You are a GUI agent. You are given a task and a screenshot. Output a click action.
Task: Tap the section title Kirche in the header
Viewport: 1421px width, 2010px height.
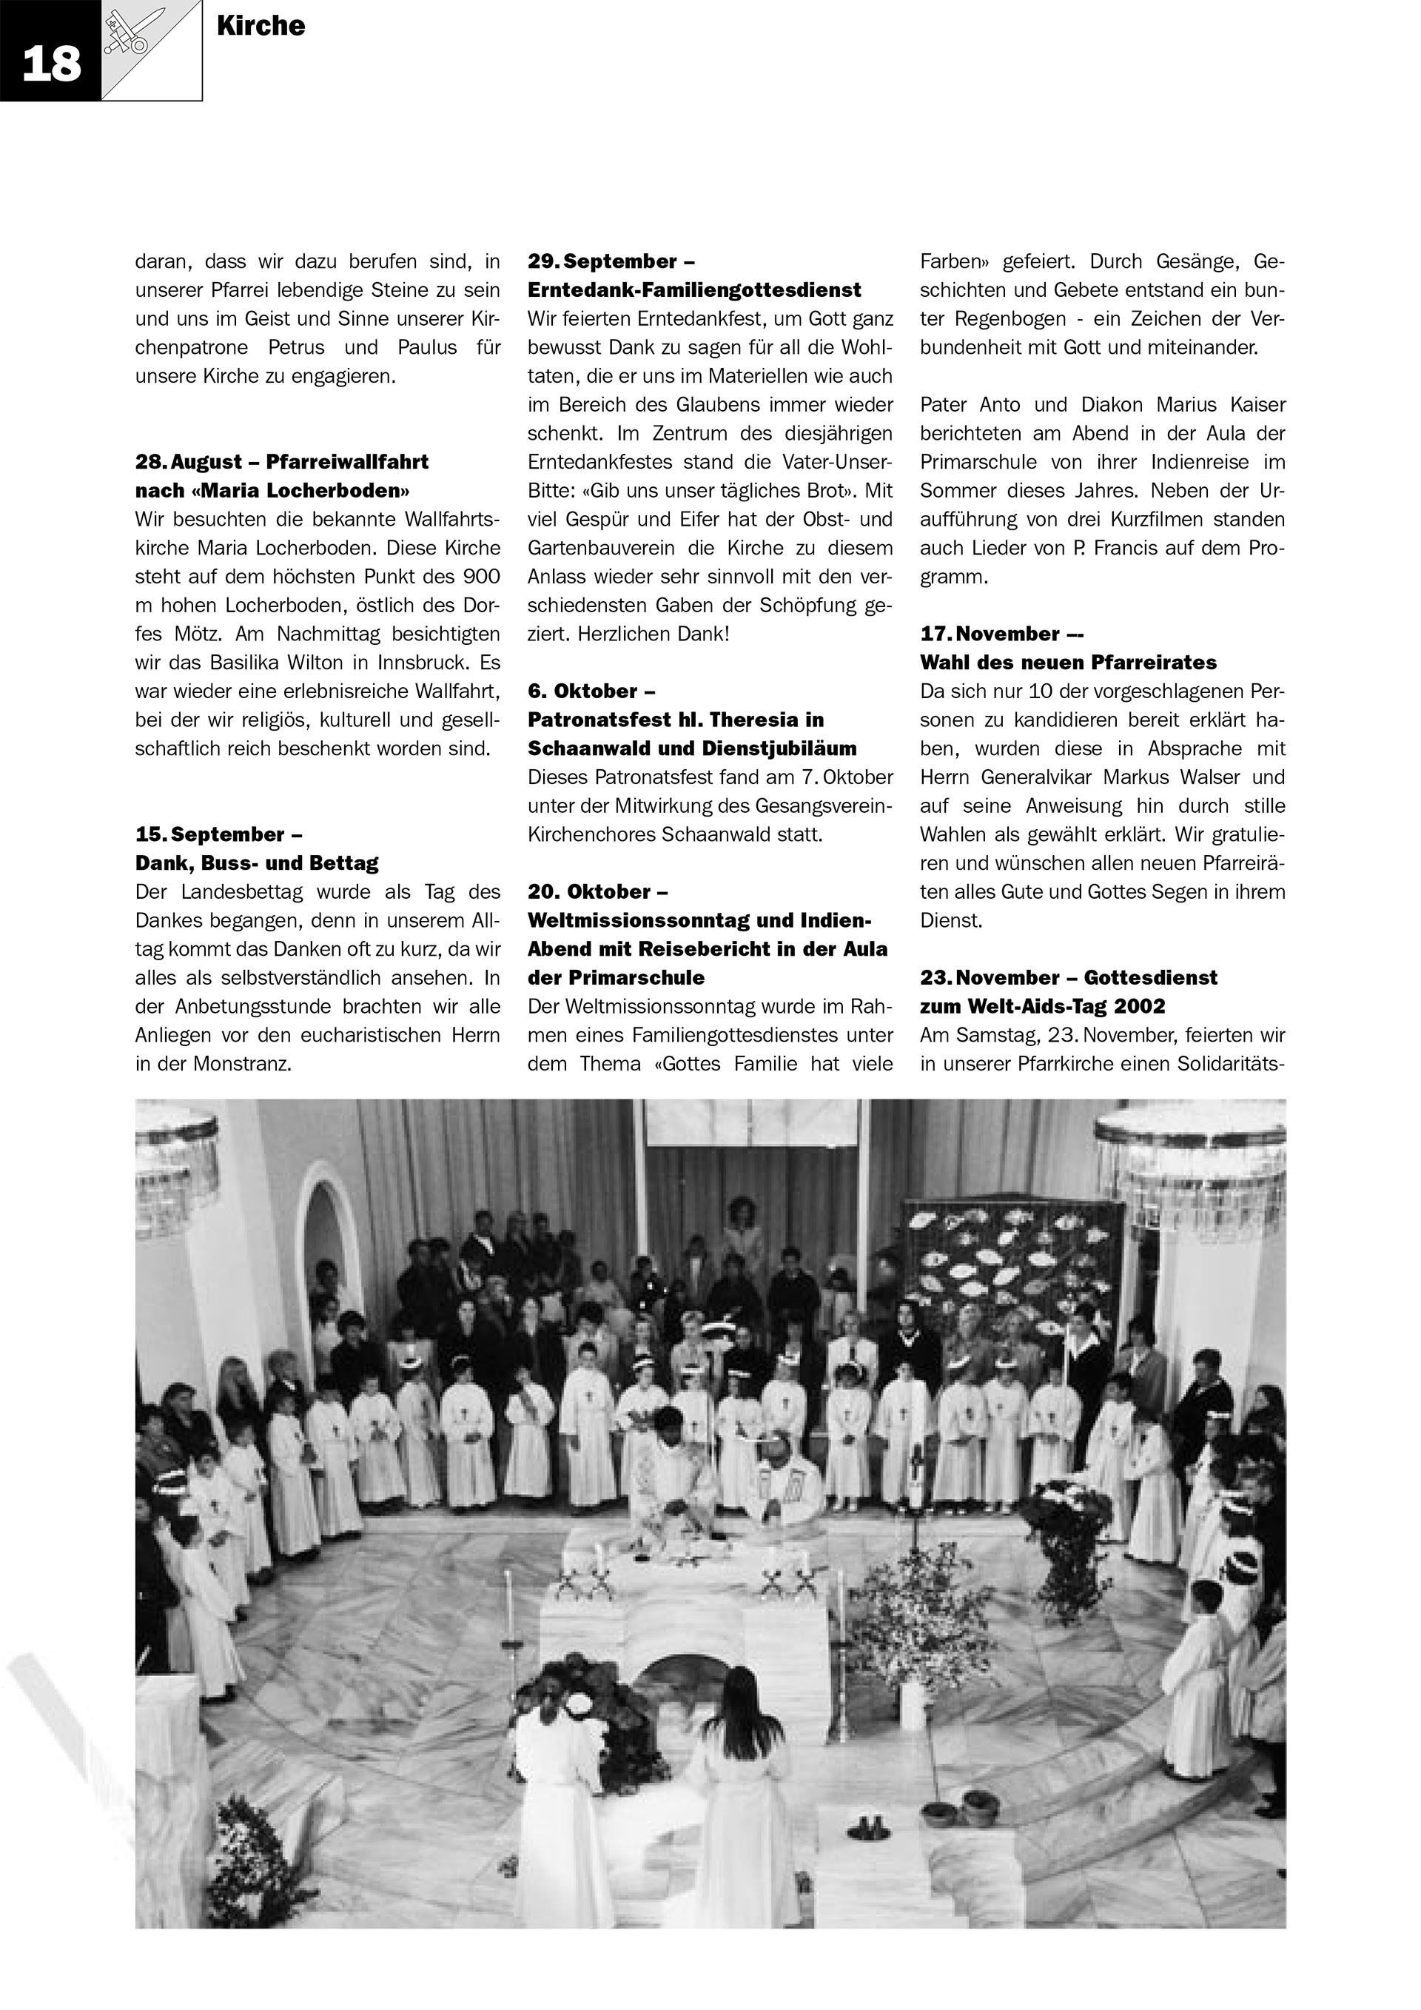261,26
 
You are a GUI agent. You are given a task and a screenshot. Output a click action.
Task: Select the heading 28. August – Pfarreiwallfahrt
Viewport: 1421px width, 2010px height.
282,461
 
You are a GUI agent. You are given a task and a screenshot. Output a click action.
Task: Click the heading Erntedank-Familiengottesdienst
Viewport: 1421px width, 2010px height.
694,289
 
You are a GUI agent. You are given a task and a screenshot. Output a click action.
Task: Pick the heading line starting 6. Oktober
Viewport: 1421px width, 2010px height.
591,691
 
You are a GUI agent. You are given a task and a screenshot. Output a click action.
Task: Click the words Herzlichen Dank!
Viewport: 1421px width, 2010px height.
652,633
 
